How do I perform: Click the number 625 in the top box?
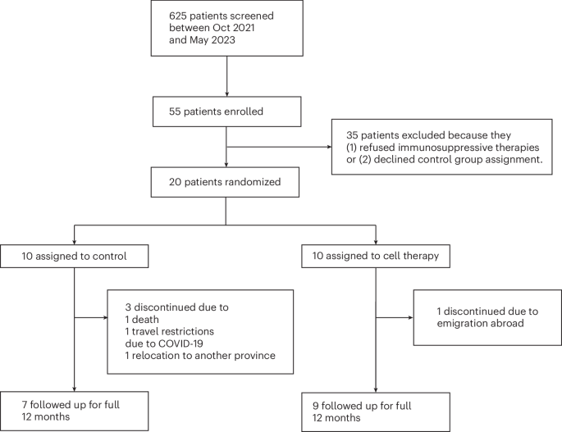pyautogui.click(x=178, y=16)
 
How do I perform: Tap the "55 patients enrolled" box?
pyautogui.click(x=227, y=111)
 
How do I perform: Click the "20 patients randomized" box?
pyautogui.click(x=225, y=182)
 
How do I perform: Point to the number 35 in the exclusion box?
pyautogui.click(x=352, y=135)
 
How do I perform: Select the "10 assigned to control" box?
pyautogui.click(x=74, y=256)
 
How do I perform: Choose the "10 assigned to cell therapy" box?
pyautogui.click(x=376, y=256)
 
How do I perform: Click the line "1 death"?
pyautogui.click(x=142, y=320)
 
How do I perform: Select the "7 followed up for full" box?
pyautogui.click(x=74, y=411)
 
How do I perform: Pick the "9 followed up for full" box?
pyautogui.click(x=376, y=412)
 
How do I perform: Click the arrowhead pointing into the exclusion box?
pyautogui.click(x=329, y=147)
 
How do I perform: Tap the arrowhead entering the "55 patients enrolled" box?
pyautogui.click(x=227, y=93)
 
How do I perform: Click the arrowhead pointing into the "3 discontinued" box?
pyautogui.click(x=105, y=318)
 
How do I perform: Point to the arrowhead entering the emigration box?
pyautogui.click(x=411, y=318)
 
